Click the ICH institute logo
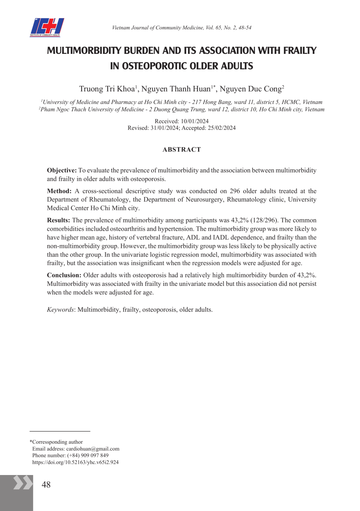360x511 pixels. [x=47, y=27]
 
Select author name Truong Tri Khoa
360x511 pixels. [x=107, y=89]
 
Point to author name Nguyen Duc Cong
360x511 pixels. [x=251, y=89]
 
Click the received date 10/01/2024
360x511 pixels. [x=195, y=121]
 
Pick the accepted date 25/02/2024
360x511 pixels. [x=222, y=128]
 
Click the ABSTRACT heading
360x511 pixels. [x=182, y=150]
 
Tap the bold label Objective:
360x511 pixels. [x=62, y=170]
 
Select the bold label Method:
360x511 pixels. [x=59, y=191]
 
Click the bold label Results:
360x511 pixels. [x=58, y=220]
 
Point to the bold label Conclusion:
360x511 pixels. [x=64, y=275]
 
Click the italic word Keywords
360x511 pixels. [x=60, y=310]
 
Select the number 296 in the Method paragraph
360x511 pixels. [x=235, y=191]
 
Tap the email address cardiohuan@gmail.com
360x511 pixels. [x=93, y=449]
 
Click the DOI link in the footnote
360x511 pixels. [x=75, y=462]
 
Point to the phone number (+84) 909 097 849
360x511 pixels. [x=88, y=456]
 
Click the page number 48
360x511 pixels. [x=46, y=485]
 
